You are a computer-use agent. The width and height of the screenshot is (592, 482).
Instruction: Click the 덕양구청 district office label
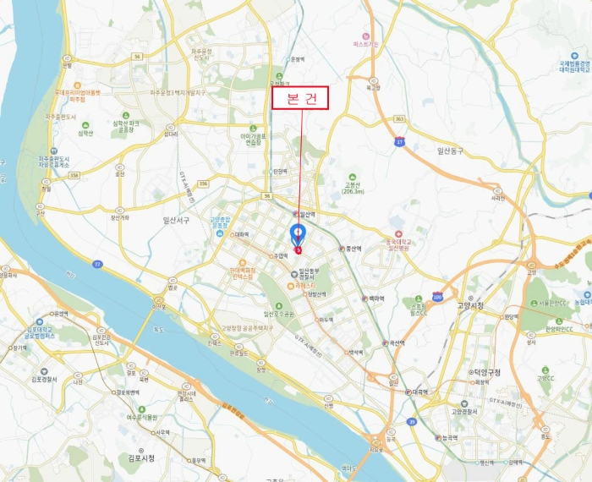tap(486, 372)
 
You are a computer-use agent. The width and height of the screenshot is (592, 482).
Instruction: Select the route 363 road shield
tap(400, 119)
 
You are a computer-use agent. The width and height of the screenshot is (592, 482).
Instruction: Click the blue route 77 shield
tap(98, 265)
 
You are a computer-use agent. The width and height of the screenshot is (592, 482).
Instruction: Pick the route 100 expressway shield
tap(436, 297)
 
